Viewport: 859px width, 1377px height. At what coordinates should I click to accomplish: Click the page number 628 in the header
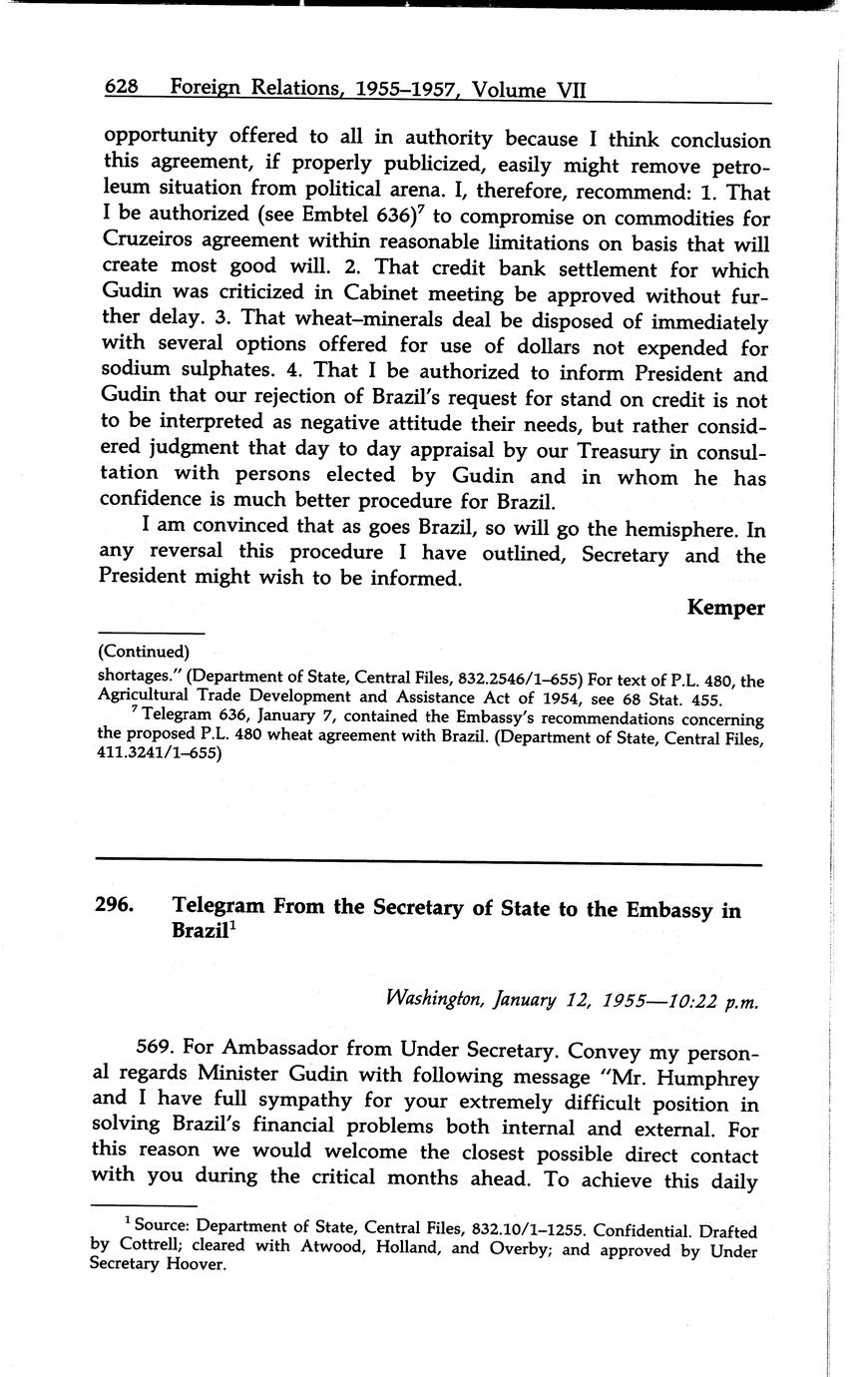(x=121, y=88)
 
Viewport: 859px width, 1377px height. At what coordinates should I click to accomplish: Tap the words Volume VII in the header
(x=529, y=90)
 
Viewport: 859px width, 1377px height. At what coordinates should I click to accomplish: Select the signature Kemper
(x=725, y=608)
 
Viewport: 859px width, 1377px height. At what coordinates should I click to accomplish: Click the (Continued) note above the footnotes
(x=144, y=652)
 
